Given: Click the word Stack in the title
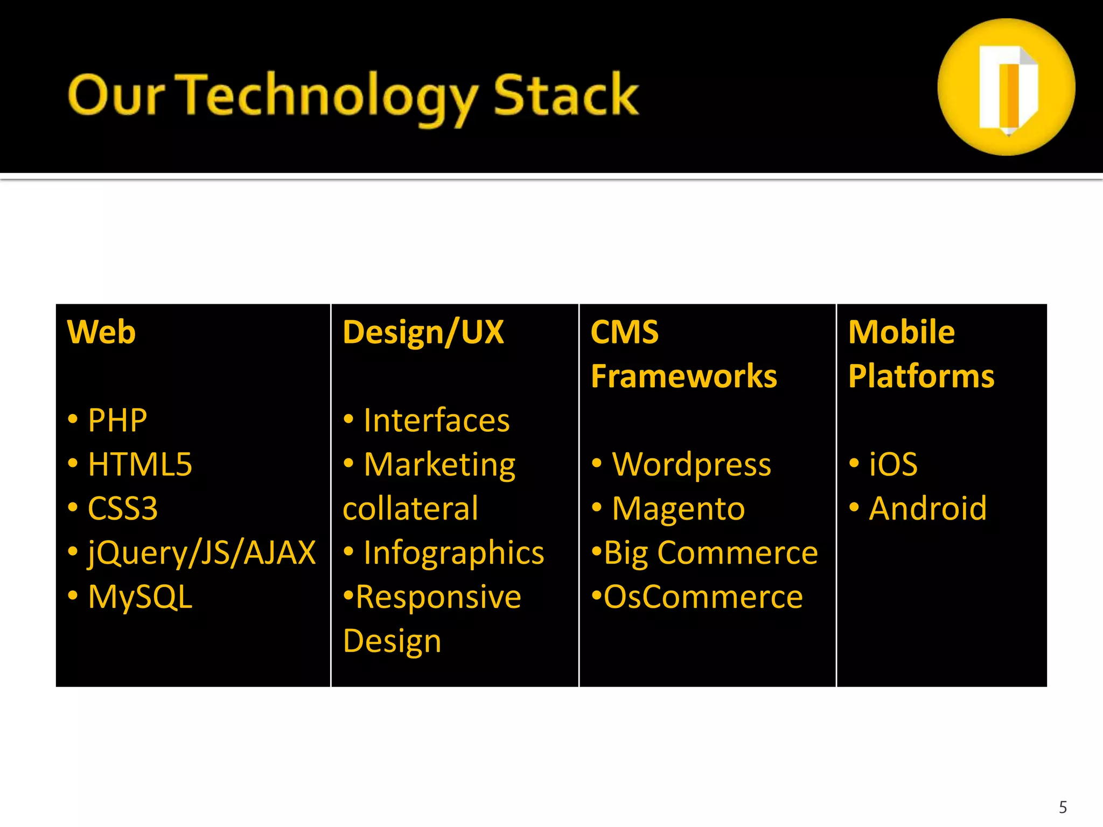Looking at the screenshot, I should [x=566, y=96].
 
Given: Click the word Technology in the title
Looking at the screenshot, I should [x=329, y=97].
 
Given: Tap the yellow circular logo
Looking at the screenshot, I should [x=1006, y=87].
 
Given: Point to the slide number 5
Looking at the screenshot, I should [x=1063, y=807].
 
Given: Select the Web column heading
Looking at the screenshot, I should [x=101, y=332].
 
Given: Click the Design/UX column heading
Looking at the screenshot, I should [x=423, y=332].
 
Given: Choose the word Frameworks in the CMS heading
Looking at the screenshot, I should [x=684, y=376].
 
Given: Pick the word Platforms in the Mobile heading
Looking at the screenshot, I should [x=921, y=376].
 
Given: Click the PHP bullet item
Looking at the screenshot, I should [x=117, y=420].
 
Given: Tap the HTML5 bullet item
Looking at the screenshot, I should [x=139, y=464].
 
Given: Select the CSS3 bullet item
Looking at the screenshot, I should [x=122, y=508].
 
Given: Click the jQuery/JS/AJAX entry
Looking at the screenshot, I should [x=201, y=553].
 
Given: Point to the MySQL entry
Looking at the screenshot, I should [x=139, y=597].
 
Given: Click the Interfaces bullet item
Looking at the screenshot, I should [x=436, y=420].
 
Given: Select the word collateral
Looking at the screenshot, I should [x=410, y=508].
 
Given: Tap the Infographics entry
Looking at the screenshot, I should [x=453, y=553].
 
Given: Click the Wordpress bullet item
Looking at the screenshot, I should [x=692, y=464].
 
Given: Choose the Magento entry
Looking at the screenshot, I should [x=678, y=508].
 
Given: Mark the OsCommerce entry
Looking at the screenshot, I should [x=703, y=597].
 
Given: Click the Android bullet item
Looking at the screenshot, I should [x=927, y=508].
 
